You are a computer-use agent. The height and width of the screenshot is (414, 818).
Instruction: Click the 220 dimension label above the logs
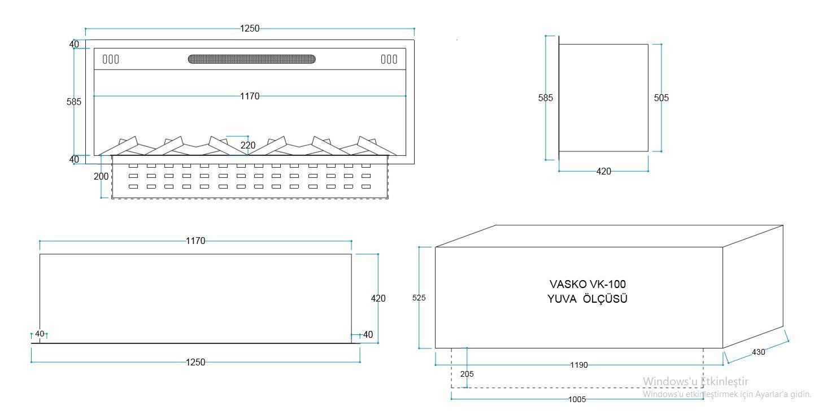coord(248,145)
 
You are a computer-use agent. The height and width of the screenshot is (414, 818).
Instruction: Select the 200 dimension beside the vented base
coord(101,176)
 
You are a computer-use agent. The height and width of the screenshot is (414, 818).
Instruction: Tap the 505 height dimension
coord(661,98)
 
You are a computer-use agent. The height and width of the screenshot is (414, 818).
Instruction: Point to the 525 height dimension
coord(419,298)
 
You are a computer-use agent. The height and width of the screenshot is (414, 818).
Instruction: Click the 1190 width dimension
coord(578,365)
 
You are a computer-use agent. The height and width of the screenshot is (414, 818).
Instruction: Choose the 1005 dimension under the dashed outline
coord(577,399)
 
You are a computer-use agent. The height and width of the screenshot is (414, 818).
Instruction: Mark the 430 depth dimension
coord(759,352)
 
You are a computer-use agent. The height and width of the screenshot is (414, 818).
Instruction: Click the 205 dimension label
coord(467,374)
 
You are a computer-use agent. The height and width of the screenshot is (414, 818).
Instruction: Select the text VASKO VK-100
coord(588,284)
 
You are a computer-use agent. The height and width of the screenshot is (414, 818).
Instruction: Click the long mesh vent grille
coord(251,59)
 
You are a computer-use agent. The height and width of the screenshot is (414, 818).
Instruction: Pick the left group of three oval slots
coord(111,59)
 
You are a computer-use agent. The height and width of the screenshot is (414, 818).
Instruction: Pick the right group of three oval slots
coord(389,59)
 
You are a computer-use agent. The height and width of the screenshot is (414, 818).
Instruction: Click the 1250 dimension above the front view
coord(250,28)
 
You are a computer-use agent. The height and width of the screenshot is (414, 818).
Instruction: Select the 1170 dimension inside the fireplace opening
coord(250,96)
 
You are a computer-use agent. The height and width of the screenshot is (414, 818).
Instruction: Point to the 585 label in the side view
coord(546,98)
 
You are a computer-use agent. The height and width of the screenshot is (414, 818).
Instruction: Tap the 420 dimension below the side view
coord(604,171)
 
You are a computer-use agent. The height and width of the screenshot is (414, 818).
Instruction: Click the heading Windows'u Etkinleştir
coord(695,381)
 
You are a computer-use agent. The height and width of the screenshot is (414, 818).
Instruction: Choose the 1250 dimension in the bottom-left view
coord(195,362)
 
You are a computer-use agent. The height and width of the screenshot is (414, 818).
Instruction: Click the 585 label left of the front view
coord(74,102)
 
